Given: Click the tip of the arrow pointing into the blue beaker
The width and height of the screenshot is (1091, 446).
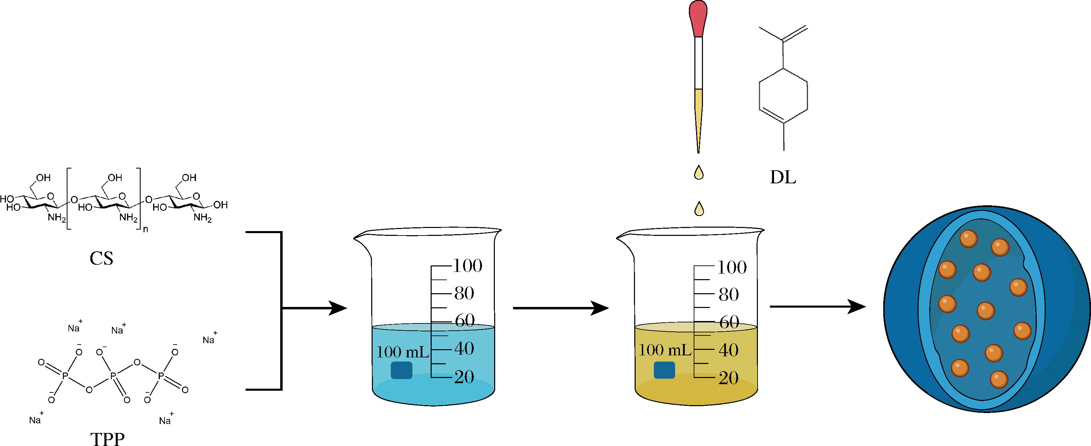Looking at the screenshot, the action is click(347, 308).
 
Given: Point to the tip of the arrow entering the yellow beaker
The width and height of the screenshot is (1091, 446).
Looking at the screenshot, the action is click(609, 308).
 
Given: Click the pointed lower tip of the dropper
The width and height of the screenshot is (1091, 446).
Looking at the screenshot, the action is click(698, 152).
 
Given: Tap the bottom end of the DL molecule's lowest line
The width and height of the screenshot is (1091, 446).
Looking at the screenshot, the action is click(784, 150).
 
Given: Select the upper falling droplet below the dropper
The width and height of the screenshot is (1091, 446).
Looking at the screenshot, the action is click(699, 172).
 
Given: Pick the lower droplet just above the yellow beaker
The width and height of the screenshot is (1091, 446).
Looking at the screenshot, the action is click(699, 208).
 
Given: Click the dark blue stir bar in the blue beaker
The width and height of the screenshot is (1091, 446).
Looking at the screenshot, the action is click(401, 370).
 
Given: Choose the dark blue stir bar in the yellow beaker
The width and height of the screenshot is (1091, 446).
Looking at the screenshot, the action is click(664, 370).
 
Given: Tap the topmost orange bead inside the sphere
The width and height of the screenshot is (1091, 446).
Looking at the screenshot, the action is click(968, 239).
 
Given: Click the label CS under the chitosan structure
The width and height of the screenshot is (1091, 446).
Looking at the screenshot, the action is click(101, 259).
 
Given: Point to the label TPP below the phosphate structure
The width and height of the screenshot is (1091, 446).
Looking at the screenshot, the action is click(107, 439).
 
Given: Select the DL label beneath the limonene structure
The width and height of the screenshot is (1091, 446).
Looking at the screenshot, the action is click(783, 178).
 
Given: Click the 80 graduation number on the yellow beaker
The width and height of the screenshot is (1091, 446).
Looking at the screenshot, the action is click(728, 294).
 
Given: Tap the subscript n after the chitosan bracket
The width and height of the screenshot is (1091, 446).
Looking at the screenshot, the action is click(145, 231).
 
